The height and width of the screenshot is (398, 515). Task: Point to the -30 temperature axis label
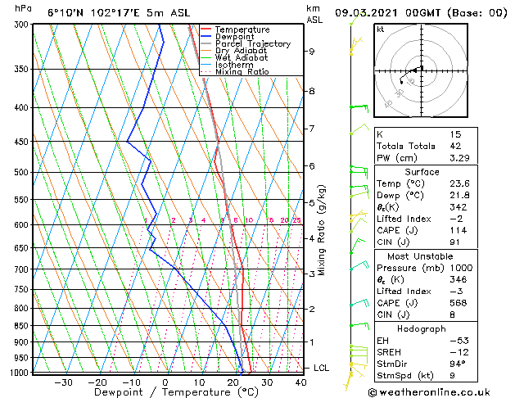click(x=63, y=382)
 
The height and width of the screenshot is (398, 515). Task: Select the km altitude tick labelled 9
click(x=312, y=52)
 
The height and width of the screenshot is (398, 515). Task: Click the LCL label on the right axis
click(x=321, y=369)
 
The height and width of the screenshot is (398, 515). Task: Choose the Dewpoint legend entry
click(x=234, y=37)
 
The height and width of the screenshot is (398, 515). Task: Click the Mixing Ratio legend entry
click(x=242, y=72)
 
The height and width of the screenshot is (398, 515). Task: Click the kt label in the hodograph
click(x=380, y=29)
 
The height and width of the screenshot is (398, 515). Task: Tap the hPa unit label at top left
click(x=24, y=9)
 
